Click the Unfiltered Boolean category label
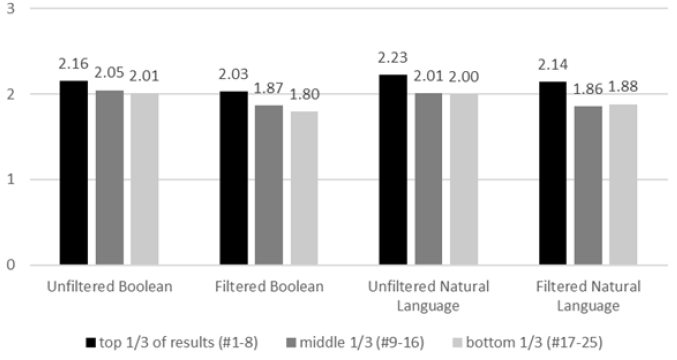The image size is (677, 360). click(x=109, y=287)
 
